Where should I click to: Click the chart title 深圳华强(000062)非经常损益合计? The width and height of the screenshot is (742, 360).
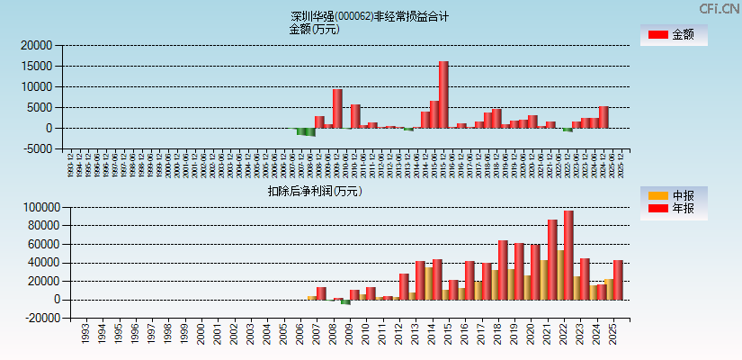(x=370, y=16)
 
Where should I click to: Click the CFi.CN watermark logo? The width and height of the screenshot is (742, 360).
(x=720, y=8)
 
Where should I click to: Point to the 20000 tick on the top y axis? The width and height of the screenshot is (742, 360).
(x=38, y=45)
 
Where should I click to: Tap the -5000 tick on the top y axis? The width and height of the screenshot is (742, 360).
(x=38, y=148)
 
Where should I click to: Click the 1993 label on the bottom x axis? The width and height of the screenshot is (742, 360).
(x=85, y=334)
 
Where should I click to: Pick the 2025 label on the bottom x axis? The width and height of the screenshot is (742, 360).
(x=612, y=334)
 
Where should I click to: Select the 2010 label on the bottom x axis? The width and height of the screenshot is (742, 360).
(x=364, y=334)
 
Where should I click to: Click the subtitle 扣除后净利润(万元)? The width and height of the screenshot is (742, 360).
(x=315, y=191)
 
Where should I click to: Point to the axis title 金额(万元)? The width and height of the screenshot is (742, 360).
(x=314, y=29)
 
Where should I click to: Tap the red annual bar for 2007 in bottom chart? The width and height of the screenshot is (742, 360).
(x=321, y=293)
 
